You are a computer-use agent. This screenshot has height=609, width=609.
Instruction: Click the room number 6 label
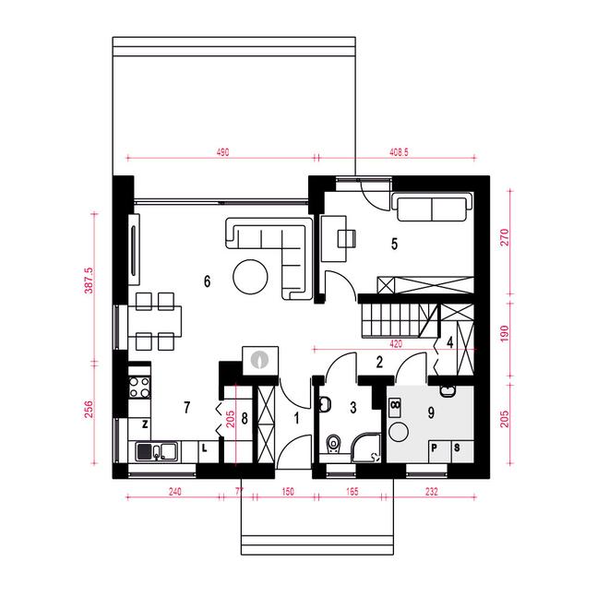pos(207,281)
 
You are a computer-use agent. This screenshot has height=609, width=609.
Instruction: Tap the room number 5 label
pos(394,244)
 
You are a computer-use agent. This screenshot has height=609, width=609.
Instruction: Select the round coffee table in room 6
pos(250,277)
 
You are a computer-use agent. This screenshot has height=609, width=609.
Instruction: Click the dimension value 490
pos(222,152)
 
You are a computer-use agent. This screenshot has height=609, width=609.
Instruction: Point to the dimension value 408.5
pos(399,152)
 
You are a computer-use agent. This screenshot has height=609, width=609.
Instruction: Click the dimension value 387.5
pos(89,280)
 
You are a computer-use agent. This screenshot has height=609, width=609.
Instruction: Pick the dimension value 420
pos(395,344)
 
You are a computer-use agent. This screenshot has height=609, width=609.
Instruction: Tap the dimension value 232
pos(432,492)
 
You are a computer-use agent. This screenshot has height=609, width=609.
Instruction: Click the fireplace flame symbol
pos(259,360)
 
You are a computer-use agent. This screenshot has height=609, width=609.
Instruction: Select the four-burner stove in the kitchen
pos(139,388)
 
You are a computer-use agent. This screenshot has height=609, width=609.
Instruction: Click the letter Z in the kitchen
pos(145,424)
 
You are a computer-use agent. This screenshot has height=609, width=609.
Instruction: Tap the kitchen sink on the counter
pos(156,451)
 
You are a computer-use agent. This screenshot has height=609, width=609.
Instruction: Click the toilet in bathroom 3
pos(333,445)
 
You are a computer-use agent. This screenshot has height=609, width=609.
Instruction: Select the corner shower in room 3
pos(366,448)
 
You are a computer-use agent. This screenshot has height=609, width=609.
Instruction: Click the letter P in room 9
pos(435,448)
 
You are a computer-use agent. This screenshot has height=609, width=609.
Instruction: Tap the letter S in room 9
pos(457,448)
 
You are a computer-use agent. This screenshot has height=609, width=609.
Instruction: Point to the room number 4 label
pos(450,343)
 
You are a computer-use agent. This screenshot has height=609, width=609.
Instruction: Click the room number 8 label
pos(245,419)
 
